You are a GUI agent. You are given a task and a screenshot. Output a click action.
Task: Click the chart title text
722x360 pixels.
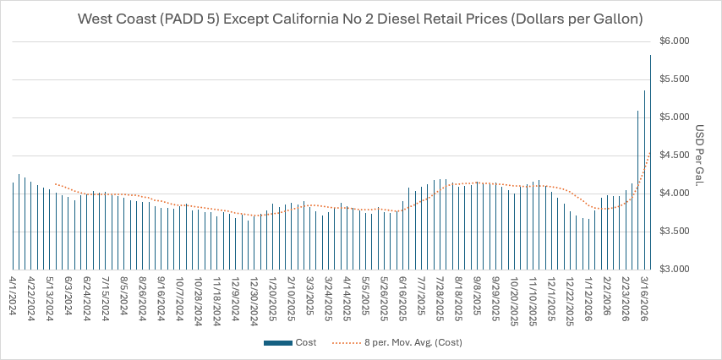(x=360, y=18)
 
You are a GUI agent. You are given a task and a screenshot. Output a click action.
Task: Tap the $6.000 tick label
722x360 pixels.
(x=674, y=41)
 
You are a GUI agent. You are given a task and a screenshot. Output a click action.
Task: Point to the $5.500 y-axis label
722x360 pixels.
(x=674, y=79)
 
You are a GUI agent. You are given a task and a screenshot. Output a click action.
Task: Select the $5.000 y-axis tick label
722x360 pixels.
(x=674, y=117)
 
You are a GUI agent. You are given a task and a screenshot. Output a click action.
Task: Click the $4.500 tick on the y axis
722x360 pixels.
(x=674, y=155)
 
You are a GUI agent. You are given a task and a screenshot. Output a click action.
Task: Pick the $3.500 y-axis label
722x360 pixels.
(x=674, y=231)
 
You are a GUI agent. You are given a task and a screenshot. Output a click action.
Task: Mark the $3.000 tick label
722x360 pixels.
(x=674, y=269)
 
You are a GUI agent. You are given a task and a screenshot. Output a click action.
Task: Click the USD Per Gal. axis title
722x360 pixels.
(x=700, y=155)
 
